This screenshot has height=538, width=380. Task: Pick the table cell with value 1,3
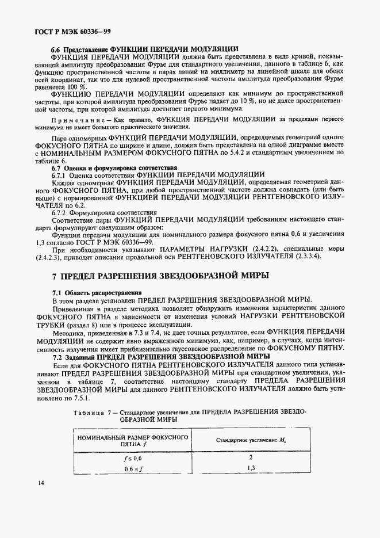251,468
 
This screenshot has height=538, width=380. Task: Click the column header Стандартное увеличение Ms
251,441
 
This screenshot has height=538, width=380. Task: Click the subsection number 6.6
56,49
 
